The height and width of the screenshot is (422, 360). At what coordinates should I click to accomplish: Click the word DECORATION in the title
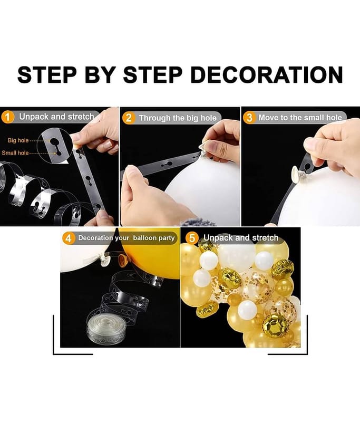pos(267,74)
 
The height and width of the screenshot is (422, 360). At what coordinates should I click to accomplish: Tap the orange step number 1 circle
pos(7,117)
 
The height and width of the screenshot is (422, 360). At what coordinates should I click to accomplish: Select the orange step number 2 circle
pos(129,118)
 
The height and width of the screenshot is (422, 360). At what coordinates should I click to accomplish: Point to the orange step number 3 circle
pos(249,118)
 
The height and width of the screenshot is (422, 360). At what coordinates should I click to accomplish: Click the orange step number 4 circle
pos(69,238)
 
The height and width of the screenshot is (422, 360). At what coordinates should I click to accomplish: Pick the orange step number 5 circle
pos(192,238)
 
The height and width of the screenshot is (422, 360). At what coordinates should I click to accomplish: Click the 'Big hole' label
pos(18,140)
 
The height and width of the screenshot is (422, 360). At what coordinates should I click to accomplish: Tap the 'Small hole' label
pos(15,153)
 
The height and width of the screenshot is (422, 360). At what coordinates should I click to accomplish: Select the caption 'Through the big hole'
pos(178,118)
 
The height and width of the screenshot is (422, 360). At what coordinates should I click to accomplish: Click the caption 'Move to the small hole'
pos(300,118)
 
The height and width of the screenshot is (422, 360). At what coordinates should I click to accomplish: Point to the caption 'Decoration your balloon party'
pos(127,238)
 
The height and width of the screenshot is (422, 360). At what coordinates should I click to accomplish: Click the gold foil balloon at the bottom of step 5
pos(272,324)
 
